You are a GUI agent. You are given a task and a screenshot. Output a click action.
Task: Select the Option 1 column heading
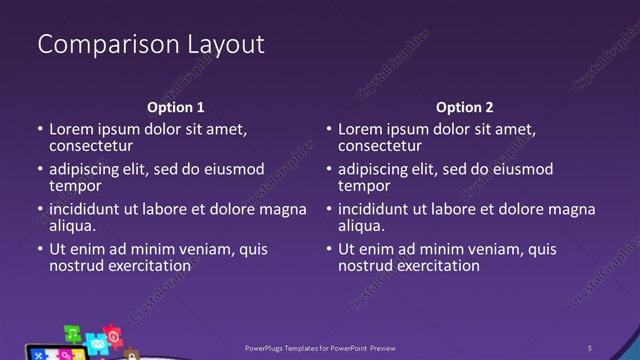tap(175, 107)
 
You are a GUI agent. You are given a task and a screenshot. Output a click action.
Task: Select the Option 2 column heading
tap(465, 107)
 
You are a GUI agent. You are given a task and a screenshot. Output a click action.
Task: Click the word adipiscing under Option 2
tap(377, 169)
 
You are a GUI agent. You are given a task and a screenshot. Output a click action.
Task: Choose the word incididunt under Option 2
tap(379, 209)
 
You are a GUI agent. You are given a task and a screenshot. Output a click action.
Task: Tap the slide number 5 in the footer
tap(590, 348)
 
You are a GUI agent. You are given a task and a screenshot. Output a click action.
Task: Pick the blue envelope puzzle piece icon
tap(97, 343)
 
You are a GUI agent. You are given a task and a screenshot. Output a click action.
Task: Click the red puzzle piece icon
tap(113, 335)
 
